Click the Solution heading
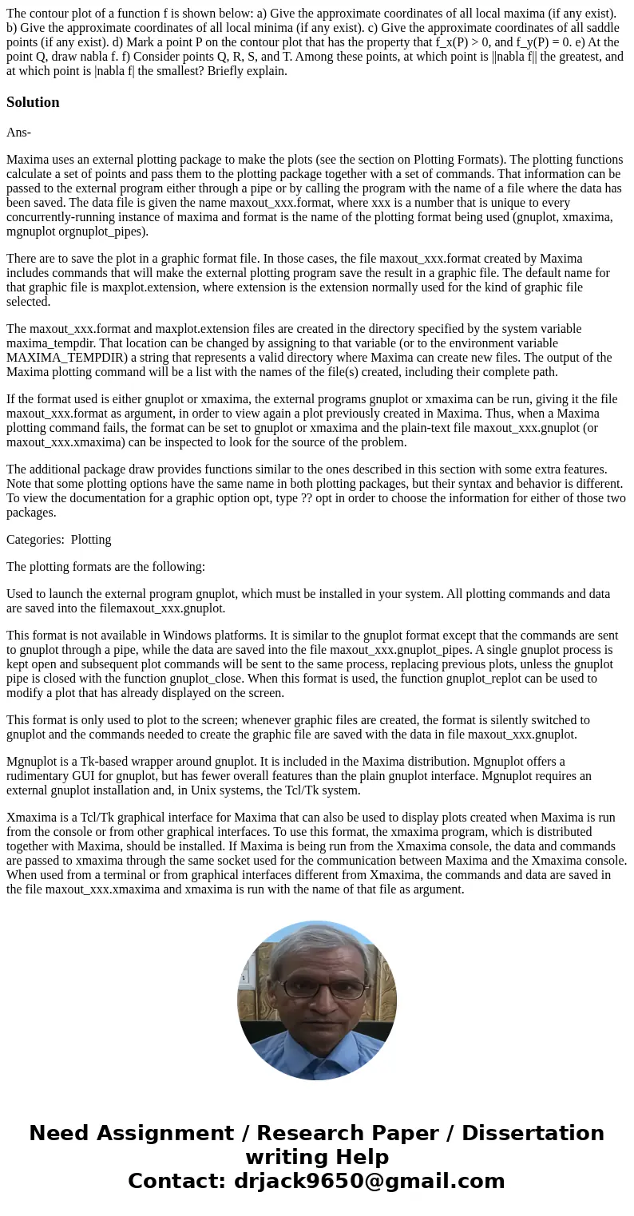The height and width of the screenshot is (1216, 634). tap(33, 102)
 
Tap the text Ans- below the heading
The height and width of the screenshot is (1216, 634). tap(18, 133)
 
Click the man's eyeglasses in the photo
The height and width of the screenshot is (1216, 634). tap(317, 988)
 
